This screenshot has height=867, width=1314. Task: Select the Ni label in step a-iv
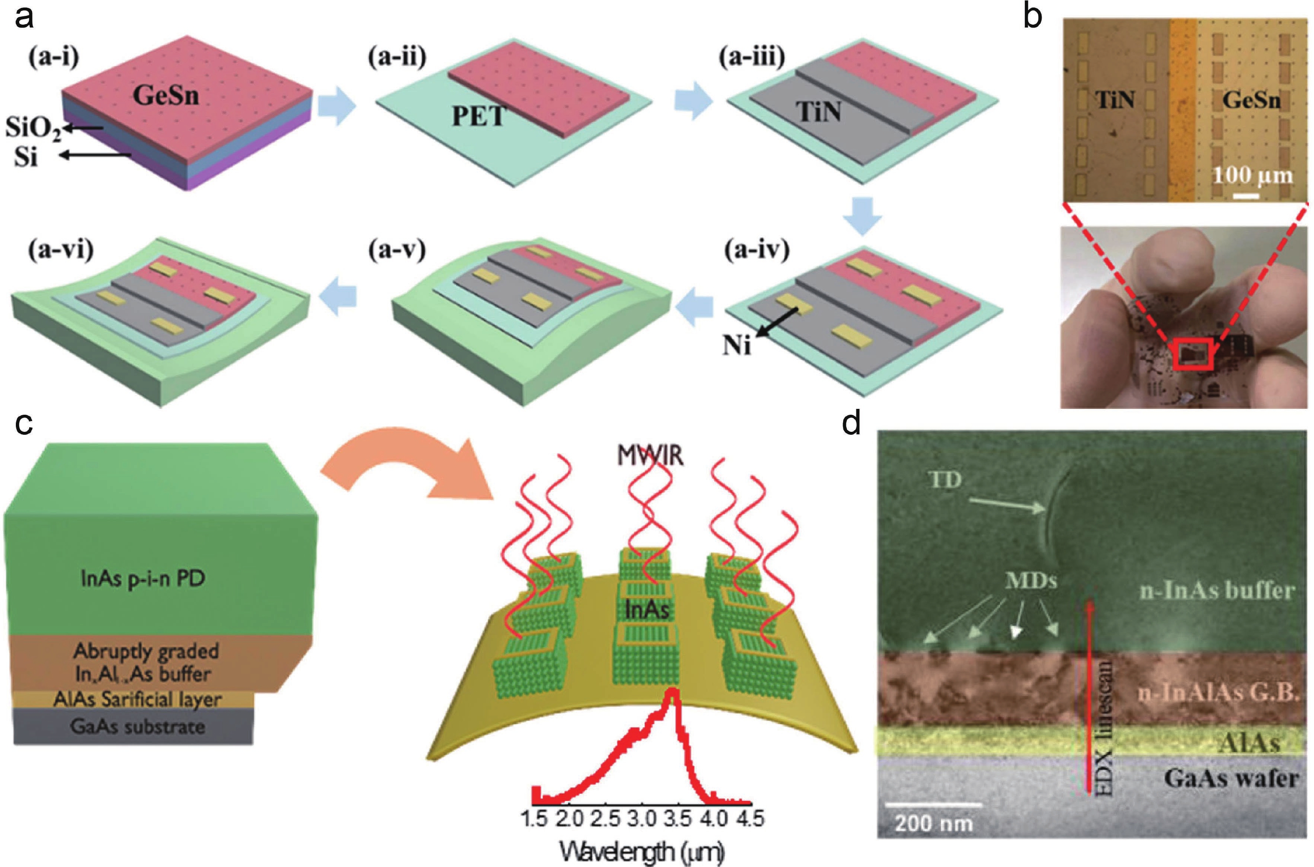click(737, 347)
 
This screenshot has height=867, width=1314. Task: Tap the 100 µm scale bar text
click(1253, 175)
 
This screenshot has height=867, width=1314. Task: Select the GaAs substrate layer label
click(137, 726)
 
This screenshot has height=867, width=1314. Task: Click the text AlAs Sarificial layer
click(137, 699)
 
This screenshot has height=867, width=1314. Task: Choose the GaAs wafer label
click(1231, 779)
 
